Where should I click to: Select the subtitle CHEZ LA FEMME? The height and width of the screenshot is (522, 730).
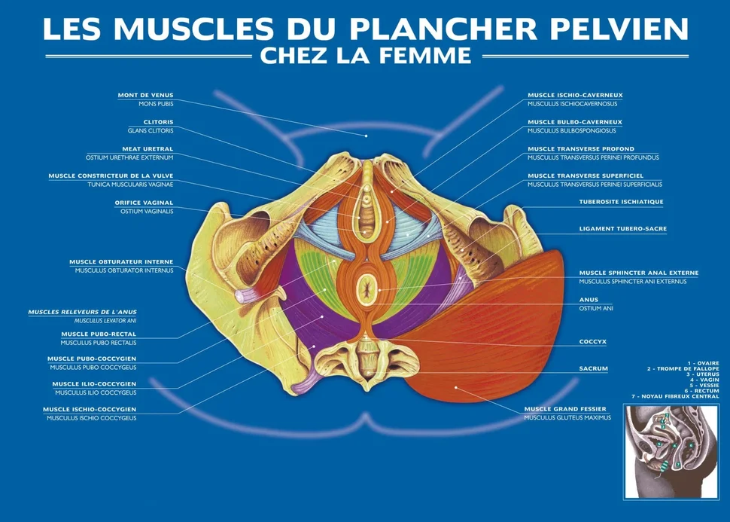tap(366, 56)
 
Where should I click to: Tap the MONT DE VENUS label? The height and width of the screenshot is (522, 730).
tap(145, 95)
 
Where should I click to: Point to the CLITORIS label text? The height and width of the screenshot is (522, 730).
tap(158, 122)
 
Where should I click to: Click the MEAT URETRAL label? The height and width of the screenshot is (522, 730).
tap(148, 149)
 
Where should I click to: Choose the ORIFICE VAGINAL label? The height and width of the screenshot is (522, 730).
tap(144, 203)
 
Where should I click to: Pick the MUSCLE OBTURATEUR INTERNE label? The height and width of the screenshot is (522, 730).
tap(121, 262)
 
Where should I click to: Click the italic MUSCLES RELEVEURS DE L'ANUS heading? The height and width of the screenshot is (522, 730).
tap(82, 313)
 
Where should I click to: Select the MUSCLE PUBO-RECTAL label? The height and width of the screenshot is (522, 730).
tap(99, 334)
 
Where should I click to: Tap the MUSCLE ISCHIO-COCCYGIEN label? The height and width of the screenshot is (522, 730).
tap(90, 410)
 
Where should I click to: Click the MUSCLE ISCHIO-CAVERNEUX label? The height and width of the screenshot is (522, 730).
tap(575, 95)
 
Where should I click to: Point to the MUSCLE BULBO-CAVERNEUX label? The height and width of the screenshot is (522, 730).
tap(575, 122)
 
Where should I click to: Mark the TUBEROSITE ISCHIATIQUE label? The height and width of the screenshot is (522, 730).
tap(621, 202)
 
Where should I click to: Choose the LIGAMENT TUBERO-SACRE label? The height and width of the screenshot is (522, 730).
tap(623, 229)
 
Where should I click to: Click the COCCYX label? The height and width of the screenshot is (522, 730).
tap(593, 342)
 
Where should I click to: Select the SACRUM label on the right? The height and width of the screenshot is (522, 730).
tap(594, 368)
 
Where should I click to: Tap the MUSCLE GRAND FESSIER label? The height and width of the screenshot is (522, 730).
tap(565, 409)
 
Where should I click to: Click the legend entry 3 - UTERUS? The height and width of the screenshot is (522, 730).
tap(703, 374)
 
